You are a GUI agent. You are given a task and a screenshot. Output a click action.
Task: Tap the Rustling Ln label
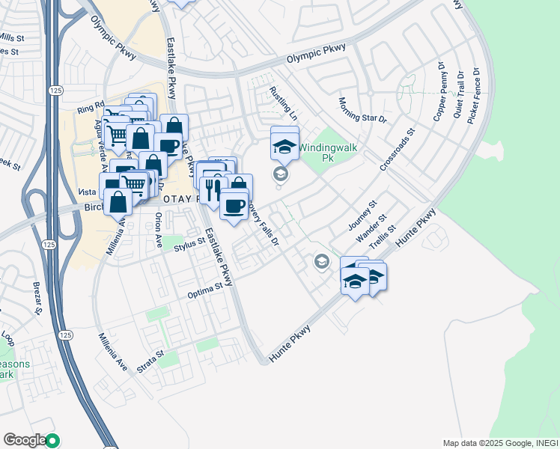283,103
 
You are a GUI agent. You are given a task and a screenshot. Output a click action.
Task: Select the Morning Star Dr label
362,110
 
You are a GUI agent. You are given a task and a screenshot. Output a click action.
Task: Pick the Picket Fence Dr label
473,97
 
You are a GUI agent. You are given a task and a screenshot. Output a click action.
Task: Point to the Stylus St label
189,243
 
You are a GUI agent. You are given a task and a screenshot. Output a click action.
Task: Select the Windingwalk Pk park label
328,152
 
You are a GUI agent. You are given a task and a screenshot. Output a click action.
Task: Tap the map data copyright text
499,442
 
